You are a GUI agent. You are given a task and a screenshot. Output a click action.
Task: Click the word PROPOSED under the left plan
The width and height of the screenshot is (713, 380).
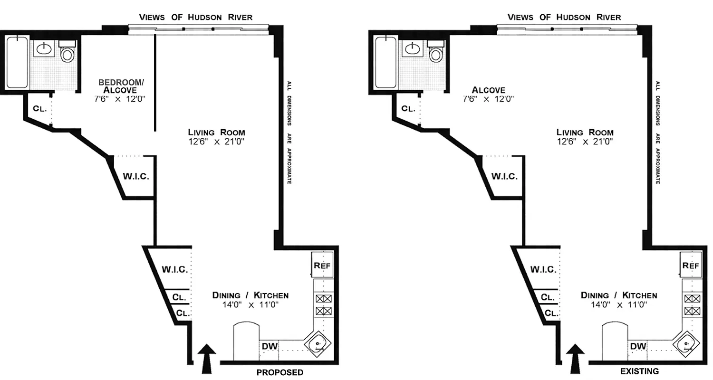pos(279,372)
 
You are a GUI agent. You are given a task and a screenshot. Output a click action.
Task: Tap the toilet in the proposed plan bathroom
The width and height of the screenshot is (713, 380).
pos(67,53)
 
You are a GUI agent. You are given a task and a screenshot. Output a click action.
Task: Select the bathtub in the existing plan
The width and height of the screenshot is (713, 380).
pos(385,62)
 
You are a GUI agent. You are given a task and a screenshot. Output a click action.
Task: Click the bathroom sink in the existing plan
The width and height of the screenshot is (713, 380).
pos(412,47)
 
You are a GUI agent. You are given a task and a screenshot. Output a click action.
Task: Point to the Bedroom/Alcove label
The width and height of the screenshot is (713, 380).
pos(121,86)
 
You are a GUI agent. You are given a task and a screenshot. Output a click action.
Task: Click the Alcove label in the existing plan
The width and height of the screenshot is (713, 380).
pos(489,90)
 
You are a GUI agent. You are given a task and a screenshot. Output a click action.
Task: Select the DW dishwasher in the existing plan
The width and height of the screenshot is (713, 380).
pos(638,346)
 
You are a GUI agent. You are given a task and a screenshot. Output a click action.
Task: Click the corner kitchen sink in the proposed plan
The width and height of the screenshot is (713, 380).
pos(316,345)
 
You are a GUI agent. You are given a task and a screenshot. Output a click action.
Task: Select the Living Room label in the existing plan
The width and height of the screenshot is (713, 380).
pos(585,133)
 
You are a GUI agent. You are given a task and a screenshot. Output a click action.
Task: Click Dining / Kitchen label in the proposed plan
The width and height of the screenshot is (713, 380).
pos(250,295)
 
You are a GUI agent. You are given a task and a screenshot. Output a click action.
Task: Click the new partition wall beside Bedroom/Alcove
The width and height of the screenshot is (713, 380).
pos(155,83)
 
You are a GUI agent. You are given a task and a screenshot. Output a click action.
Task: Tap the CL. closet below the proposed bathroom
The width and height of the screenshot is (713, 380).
pos(39,108)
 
